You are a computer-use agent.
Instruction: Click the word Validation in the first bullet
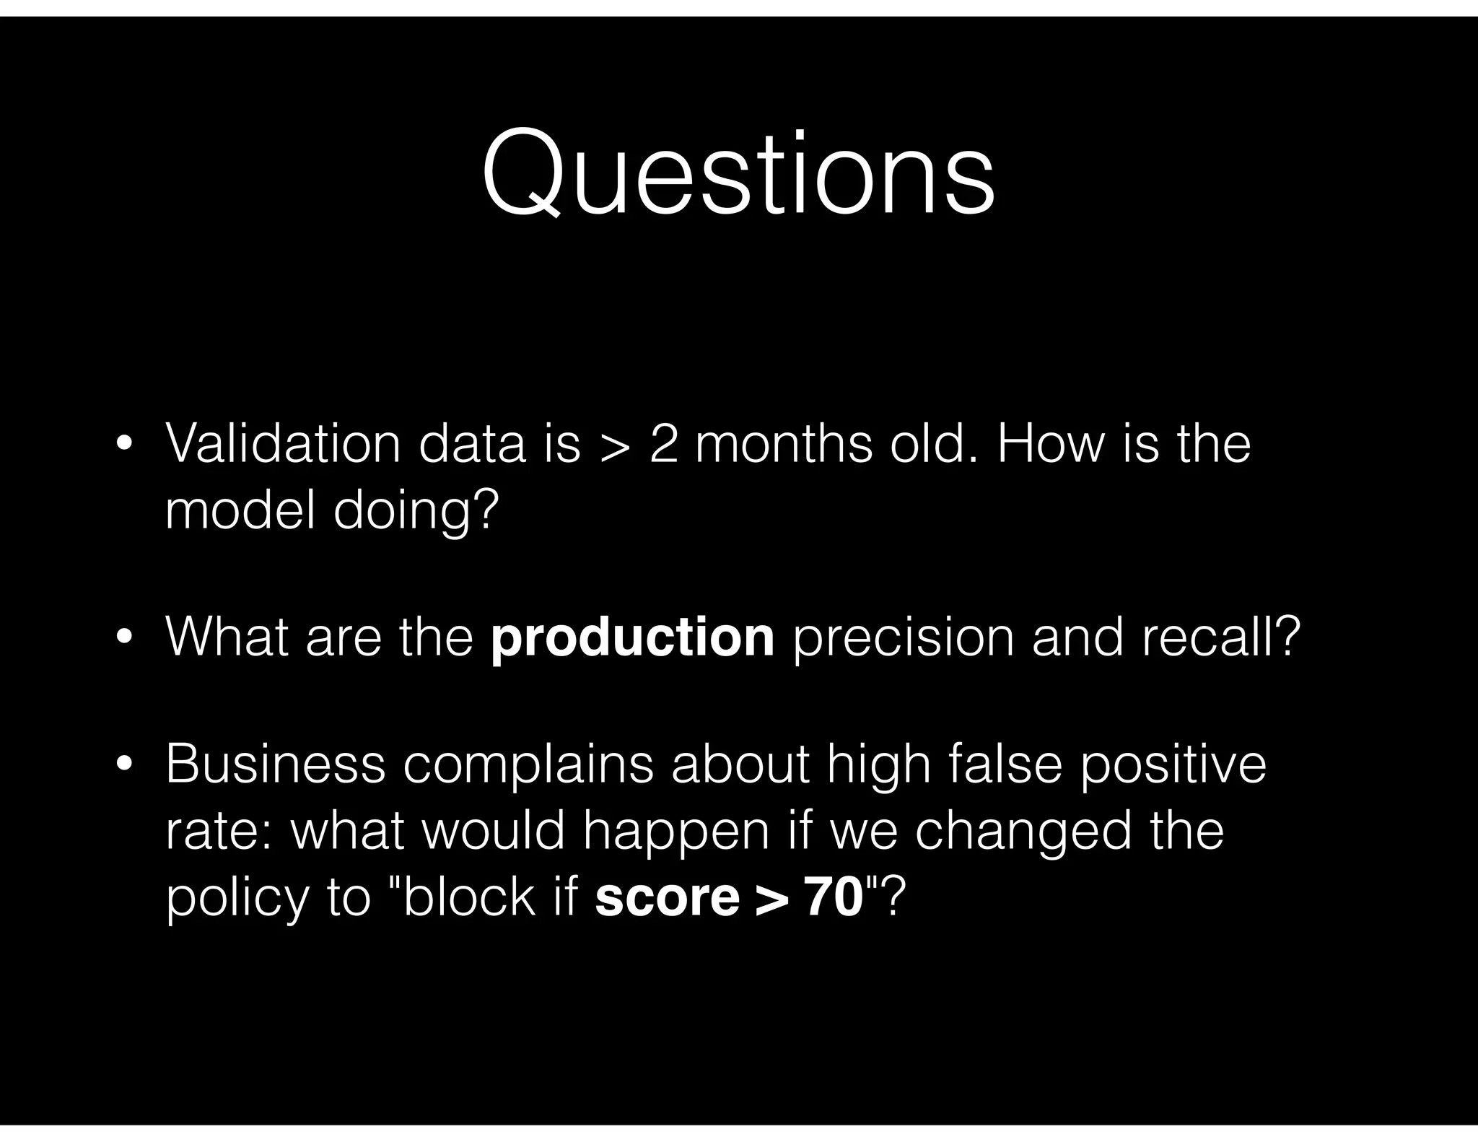[282, 443]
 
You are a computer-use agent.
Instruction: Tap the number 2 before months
[663, 443]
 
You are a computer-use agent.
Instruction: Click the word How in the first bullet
[1051, 443]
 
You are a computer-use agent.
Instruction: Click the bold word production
[632, 637]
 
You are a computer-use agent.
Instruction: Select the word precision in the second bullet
[903, 638]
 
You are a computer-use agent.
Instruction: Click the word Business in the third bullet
[275, 764]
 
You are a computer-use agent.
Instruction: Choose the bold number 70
[834, 897]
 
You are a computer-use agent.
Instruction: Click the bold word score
[667, 899]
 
